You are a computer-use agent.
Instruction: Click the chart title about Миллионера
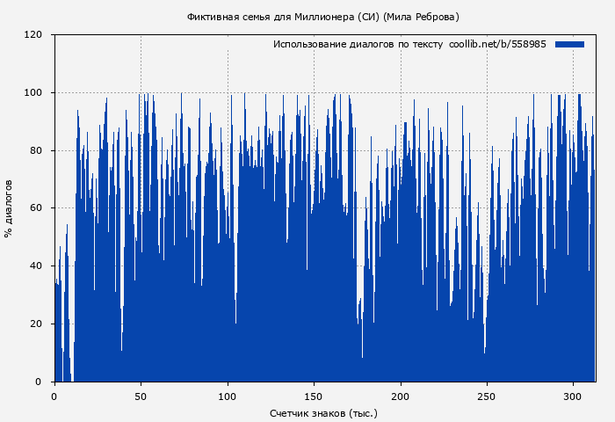[x=322, y=17]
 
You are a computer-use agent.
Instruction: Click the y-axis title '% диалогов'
[x=9, y=208]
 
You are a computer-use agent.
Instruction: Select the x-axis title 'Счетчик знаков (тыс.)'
[x=323, y=412]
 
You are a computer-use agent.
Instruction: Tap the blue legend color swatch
[x=569, y=44]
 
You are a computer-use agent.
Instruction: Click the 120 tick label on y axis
[x=33, y=35]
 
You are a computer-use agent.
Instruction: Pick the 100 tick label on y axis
[x=33, y=93]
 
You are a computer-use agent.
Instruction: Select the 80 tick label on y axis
[x=36, y=150]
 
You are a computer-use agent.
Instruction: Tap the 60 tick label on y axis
[x=36, y=208]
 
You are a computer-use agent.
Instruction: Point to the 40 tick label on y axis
[x=36, y=266]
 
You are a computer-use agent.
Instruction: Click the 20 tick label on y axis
[x=36, y=324]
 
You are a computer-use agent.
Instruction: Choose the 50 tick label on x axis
[x=141, y=396]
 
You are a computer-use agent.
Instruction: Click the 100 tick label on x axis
[x=228, y=396]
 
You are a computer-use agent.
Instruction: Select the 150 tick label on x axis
[x=314, y=396]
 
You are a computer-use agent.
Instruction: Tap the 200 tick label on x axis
[x=401, y=396]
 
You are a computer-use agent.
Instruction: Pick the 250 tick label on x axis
[x=487, y=396]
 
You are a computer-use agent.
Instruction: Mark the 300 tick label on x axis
[x=574, y=396]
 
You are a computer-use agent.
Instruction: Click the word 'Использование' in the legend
[x=308, y=44]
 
